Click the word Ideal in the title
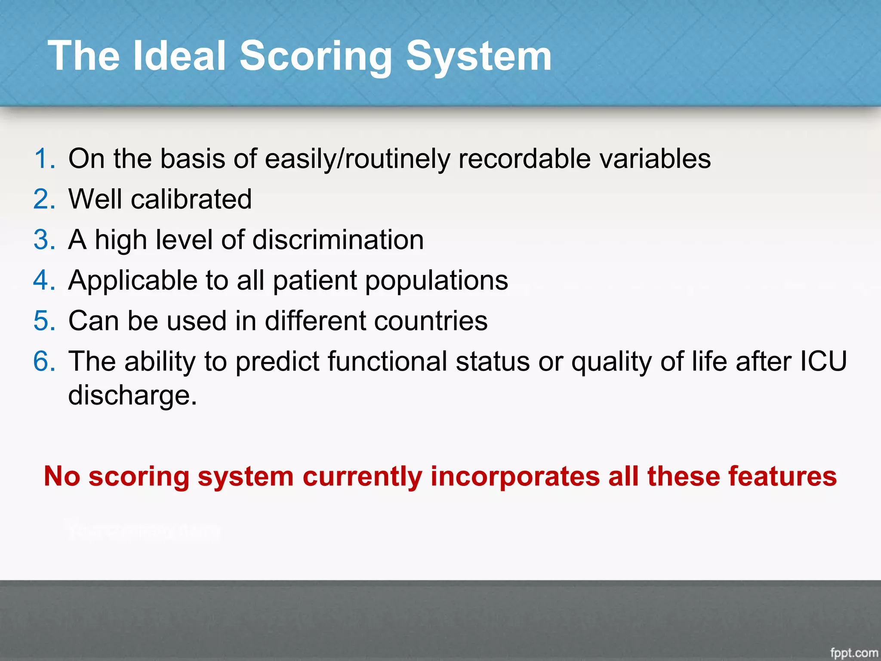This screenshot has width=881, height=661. pyautogui.click(x=179, y=56)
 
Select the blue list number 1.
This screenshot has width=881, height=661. pyautogui.click(x=44, y=159)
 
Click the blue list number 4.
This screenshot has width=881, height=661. pyautogui.click(x=44, y=281)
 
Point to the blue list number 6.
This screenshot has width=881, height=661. pyautogui.click(x=44, y=361)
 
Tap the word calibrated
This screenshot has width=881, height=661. pyautogui.click(x=191, y=199)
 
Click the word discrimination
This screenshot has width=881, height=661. pyautogui.click(x=338, y=240)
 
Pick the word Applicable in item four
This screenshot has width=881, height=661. pyautogui.click(x=132, y=281)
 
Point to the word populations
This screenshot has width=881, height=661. pyautogui.click(x=437, y=281)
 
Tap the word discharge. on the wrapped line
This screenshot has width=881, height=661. pyautogui.click(x=132, y=395)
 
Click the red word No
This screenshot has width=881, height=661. pyautogui.click(x=62, y=476)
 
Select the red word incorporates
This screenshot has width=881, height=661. pyautogui.click(x=515, y=476)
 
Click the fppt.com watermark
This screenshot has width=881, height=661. pyautogui.click(x=853, y=653)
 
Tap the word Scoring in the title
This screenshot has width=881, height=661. pyautogui.click(x=315, y=56)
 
